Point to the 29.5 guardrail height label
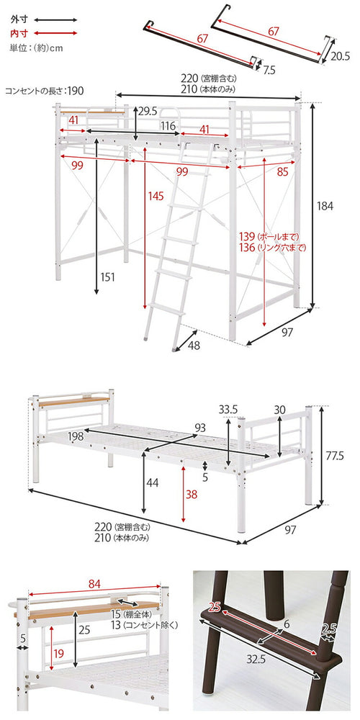[x=148, y=111]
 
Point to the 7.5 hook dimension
[x=269, y=71]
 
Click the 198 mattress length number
[x=76, y=436]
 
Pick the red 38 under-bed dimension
[x=190, y=495]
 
